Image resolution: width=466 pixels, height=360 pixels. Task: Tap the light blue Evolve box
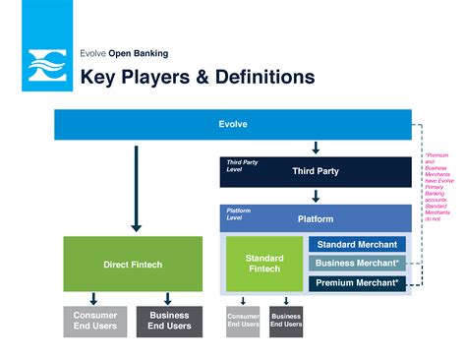232,125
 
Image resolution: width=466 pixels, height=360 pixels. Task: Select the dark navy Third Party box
315,171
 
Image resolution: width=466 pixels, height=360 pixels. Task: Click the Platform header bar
315,218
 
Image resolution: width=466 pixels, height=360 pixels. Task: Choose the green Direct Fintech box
133,264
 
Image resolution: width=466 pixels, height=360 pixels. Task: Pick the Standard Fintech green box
263,264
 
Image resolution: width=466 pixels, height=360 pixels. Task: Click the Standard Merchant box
356,244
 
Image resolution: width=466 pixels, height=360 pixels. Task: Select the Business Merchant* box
356,263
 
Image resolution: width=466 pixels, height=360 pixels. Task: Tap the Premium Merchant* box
356,282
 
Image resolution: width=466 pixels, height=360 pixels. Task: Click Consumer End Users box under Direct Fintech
95,322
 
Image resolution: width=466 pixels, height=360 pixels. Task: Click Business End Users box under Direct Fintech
169,322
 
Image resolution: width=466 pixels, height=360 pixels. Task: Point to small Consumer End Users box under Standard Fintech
243,322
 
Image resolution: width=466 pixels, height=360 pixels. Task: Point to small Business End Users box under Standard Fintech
286,322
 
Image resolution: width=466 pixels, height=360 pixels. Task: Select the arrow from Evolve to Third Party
316,148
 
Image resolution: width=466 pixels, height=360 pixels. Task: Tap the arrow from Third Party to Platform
316,196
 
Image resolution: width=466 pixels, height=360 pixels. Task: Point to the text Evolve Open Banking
124,53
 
